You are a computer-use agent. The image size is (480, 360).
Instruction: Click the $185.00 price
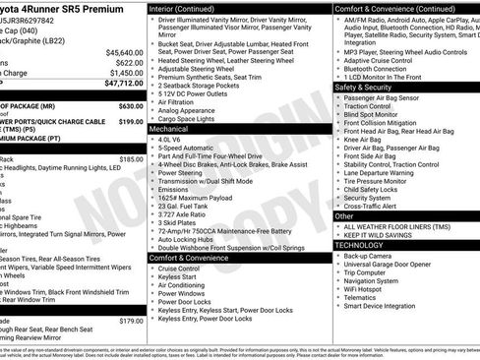(x=131, y=158)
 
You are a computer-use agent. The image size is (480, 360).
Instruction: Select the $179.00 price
(x=131, y=321)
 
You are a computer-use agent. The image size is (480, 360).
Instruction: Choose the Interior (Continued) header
(x=191, y=8)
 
